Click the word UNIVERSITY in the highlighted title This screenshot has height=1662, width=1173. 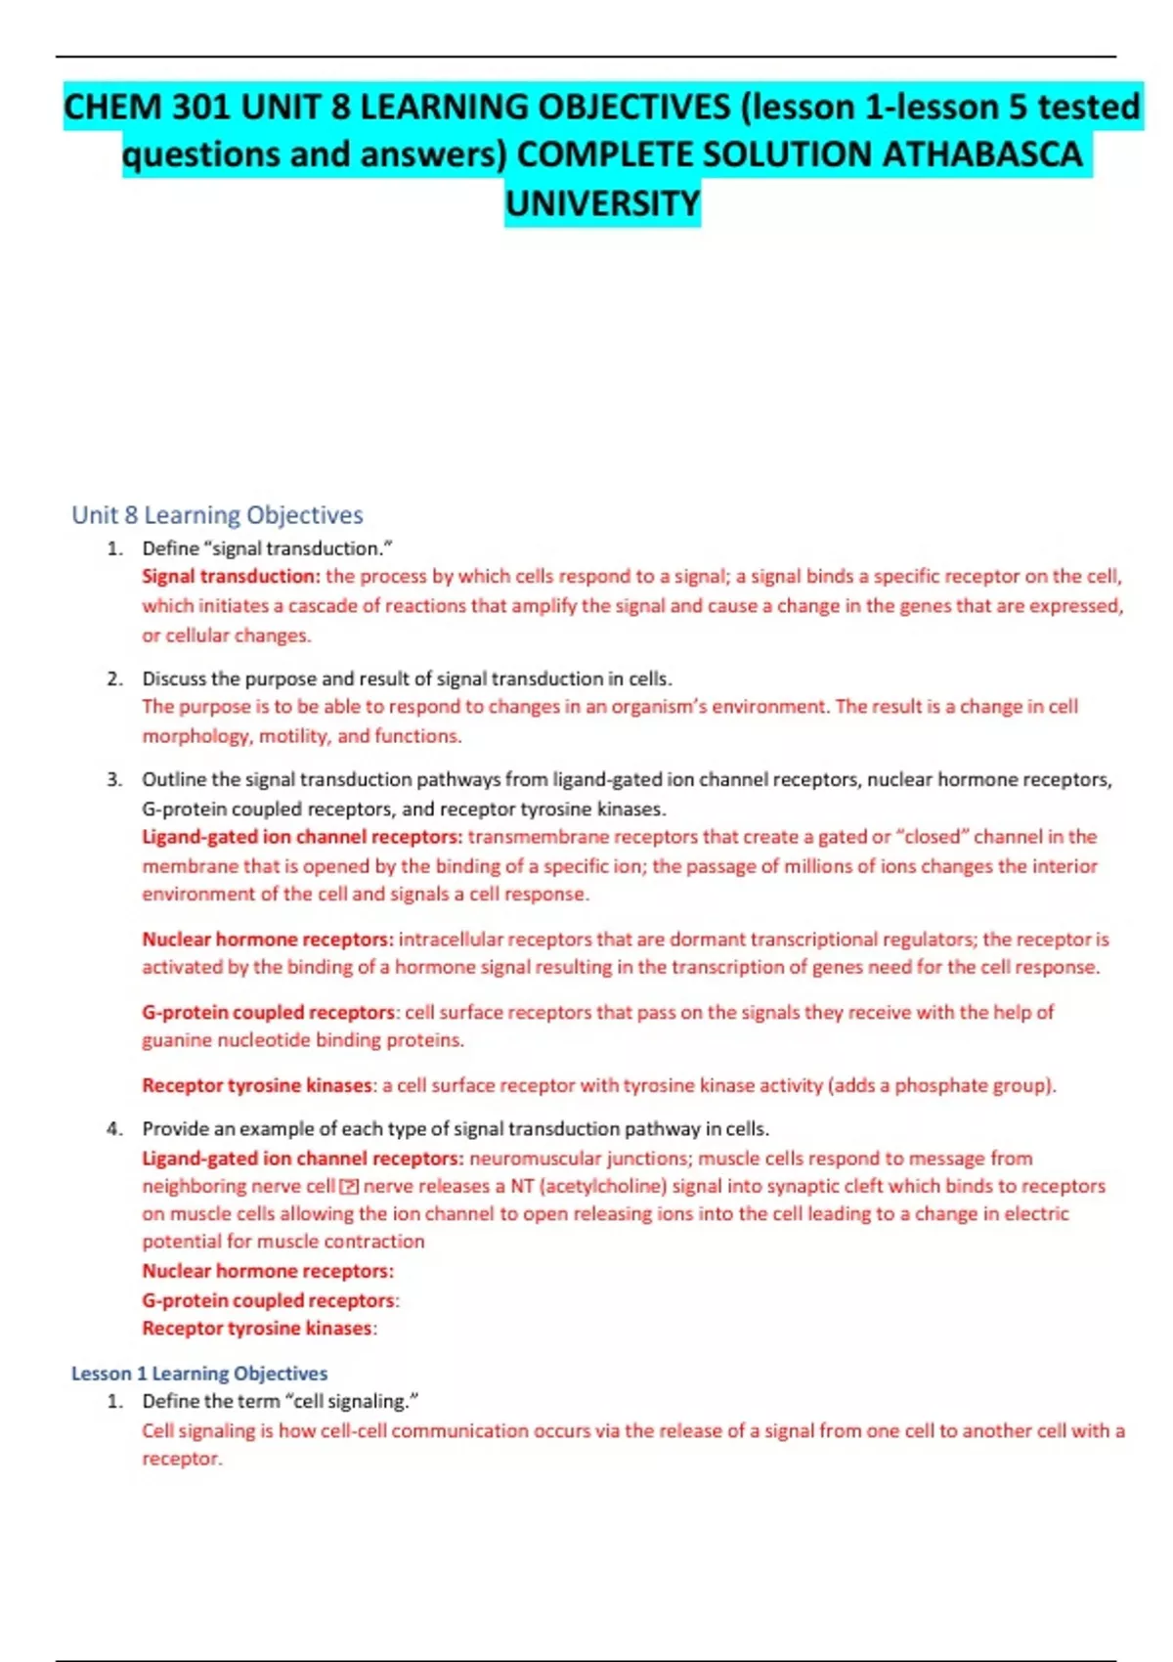click(602, 203)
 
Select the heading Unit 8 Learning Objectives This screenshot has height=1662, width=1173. click(217, 514)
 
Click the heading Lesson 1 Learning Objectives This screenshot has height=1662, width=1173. click(199, 1373)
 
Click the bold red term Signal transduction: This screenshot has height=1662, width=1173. click(231, 576)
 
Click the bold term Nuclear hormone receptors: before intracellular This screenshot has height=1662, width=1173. click(268, 939)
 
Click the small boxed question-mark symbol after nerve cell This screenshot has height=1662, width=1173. click(349, 1187)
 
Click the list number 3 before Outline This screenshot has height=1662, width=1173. click(115, 779)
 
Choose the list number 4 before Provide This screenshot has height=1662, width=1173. click(115, 1128)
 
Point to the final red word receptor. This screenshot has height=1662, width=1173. click(181, 1459)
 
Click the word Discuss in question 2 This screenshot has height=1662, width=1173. click(174, 678)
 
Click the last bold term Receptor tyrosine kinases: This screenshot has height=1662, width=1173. click(259, 1328)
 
